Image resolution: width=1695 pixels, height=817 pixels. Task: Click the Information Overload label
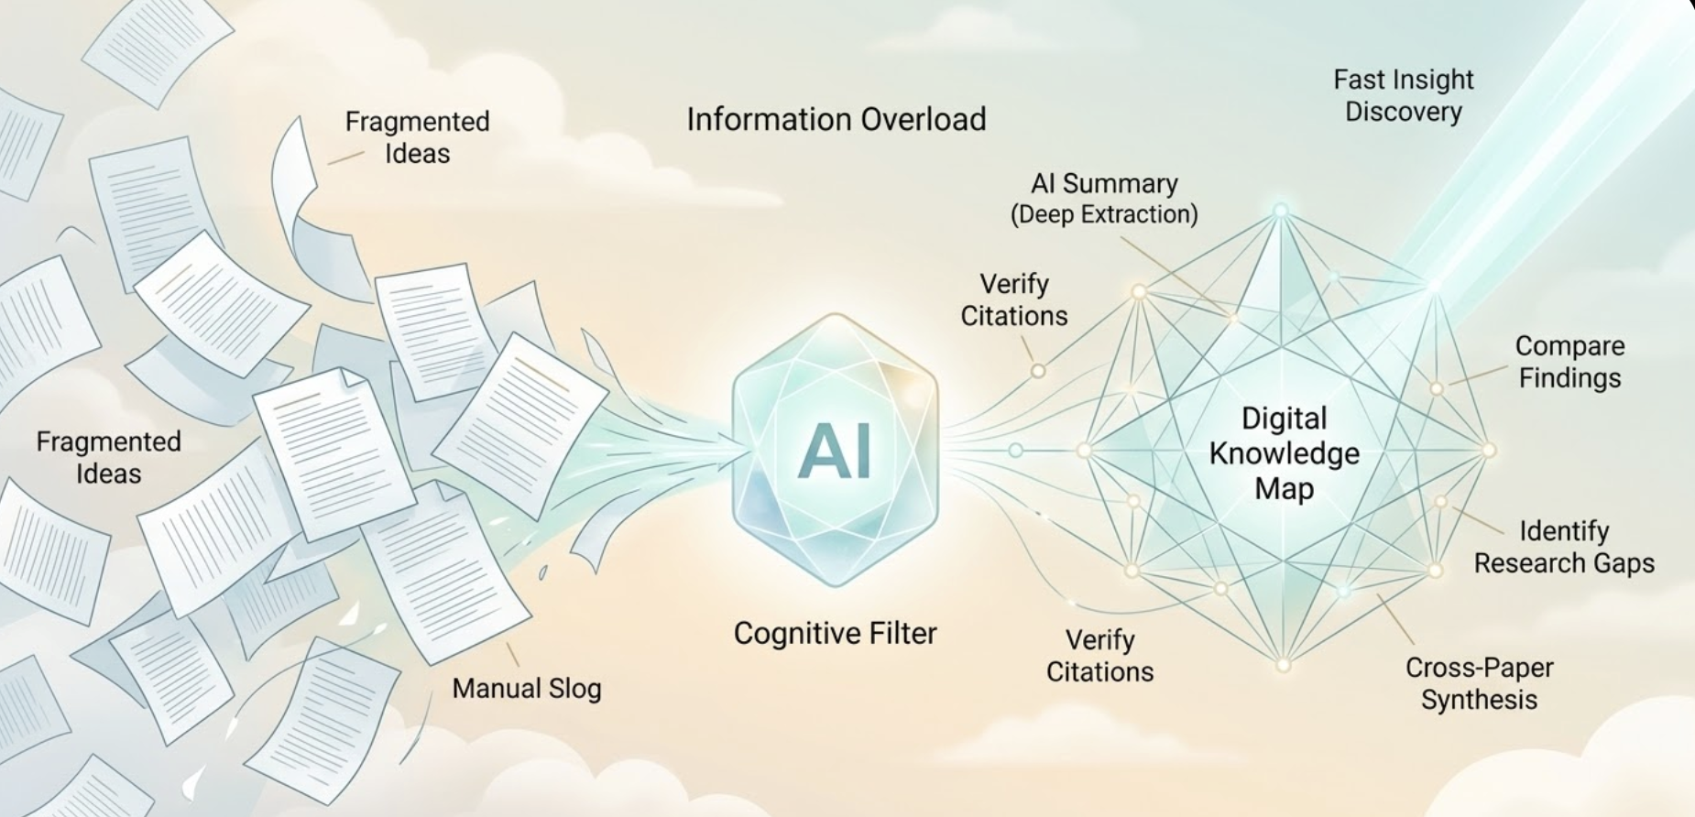836,120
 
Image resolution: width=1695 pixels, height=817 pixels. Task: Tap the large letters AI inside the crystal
834,452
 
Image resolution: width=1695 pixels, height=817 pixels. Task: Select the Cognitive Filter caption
835,634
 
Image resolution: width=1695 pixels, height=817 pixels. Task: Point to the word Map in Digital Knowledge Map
1284,488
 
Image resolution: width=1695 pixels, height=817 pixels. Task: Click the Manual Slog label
526,689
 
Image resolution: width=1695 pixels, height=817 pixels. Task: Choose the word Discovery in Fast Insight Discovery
1403,112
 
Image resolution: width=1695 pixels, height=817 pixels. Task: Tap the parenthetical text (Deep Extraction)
1104,214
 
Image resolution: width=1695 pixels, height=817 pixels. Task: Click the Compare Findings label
1569,362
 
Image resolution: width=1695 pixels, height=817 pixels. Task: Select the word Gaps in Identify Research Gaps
1624,563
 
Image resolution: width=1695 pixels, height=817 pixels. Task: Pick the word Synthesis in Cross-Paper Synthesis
1479,700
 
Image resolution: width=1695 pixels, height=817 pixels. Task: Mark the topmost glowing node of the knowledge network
1281,211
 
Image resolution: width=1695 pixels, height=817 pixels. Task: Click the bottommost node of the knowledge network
1283,665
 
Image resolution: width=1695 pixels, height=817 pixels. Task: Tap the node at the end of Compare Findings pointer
1437,388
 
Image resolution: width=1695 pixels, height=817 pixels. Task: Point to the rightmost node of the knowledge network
1489,451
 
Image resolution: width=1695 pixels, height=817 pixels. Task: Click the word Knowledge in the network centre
1284,453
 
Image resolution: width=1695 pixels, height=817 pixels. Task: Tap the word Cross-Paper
1479,668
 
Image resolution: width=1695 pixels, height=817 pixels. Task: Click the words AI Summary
1104,184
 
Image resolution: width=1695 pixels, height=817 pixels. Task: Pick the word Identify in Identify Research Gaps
1564,531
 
